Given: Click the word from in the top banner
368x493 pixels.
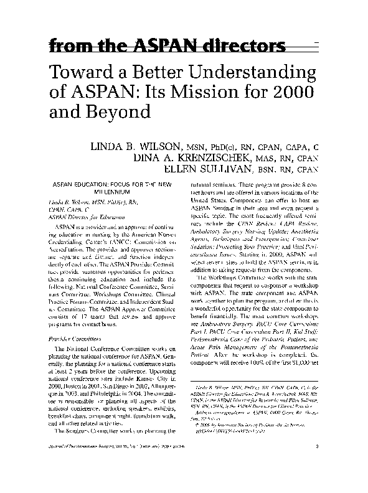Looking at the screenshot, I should coord(65,47).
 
